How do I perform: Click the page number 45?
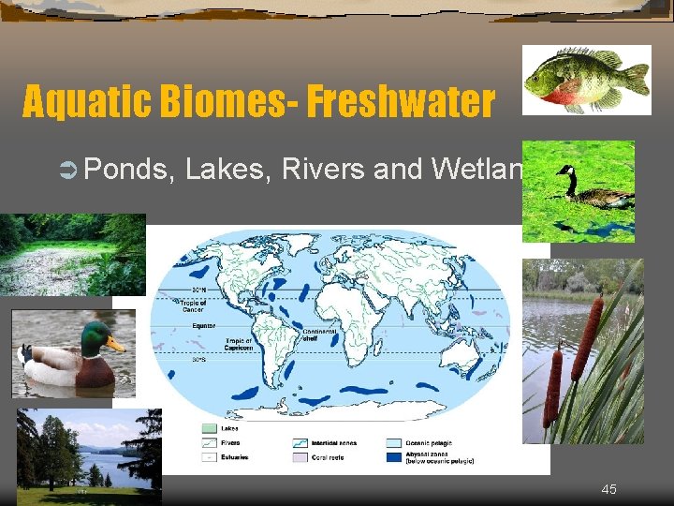point(608,489)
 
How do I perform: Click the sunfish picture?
point(585,79)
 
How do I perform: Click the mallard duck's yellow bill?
point(115,345)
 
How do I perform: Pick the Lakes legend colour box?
point(208,427)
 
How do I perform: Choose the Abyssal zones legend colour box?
point(394,457)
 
